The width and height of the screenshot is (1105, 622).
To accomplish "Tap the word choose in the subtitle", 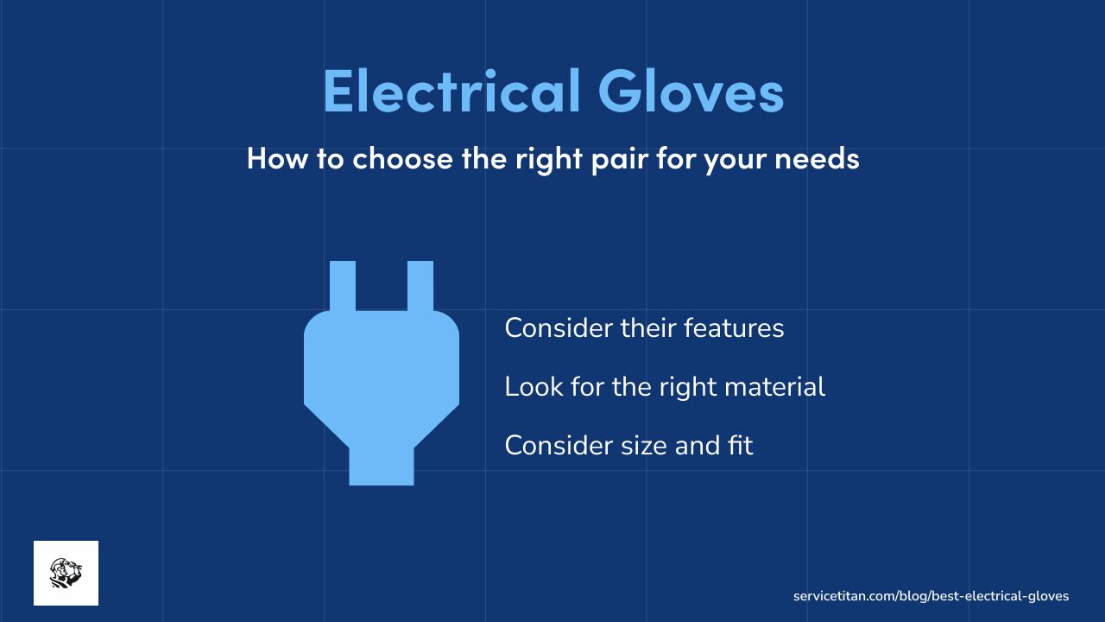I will pos(402,159).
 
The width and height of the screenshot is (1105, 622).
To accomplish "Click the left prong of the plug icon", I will pos(343,285).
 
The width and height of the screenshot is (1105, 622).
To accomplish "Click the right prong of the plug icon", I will pos(420,285).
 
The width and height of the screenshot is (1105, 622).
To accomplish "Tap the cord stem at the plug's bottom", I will pos(382,466).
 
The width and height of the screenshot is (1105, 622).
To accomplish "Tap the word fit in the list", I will pos(739,446).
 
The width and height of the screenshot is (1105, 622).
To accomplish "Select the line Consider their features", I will pos(644,328).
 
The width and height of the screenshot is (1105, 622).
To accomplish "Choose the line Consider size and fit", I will pos(628,446).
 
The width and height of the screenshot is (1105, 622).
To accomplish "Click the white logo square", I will pos(66,573).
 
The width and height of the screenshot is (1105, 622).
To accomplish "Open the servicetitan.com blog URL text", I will pos(931,596).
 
